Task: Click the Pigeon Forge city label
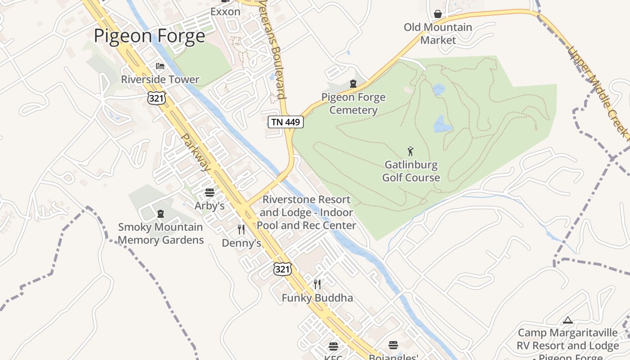pyautogui.click(x=149, y=36)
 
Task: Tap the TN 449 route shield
pyautogui.click(x=286, y=121)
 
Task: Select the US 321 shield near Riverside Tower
pyautogui.click(x=156, y=98)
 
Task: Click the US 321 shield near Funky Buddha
pyautogui.click(x=282, y=269)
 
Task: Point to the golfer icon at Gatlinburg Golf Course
pyautogui.click(x=410, y=151)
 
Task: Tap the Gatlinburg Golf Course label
pyautogui.click(x=411, y=171)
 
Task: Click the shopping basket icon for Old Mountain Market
pyautogui.click(x=437, y=14)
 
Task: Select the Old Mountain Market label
pyautogui.click(x=438, y=34)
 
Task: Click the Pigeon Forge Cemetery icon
pyautogui.click(x=353, y=84)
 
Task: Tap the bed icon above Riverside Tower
pyautogui.click(x=160, y=66)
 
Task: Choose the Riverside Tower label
pyautogui.click(x=160, y=80)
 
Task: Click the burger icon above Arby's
pyautogui.click(x=209, y=193)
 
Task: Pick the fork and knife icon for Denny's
pyautogui.click(x=241, y=229)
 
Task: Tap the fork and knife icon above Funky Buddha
pyautogui.click(x=317, y=284)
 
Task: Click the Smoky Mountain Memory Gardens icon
pyautogui.click(x=161, y=213)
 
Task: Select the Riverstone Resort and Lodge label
pyautogui.click(x=306, y=212)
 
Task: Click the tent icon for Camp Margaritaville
pyautogui.click(x=567, y=320)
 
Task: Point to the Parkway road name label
pyautogui.click(x=196, y=152)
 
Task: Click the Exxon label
pyautogui.click(x=225, y=12)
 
